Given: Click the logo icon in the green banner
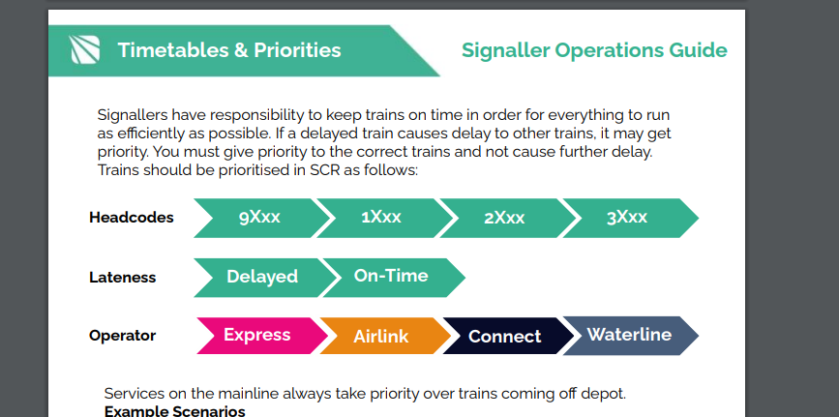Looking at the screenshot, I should point(85,49).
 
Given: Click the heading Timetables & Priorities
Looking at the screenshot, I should point(229,50).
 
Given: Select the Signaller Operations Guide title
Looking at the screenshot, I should point(594,50).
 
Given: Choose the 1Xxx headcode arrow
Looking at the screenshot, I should point(380,218).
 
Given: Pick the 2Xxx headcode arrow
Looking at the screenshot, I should point(503,218).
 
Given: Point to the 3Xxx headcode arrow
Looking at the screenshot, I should point(627,218).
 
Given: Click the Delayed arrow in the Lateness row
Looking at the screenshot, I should point(261,277).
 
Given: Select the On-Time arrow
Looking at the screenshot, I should point(391,277).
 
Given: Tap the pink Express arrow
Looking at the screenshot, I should point(257,336).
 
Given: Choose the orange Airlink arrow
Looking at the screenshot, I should point(381,337).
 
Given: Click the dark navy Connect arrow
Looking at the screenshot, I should point(504,337).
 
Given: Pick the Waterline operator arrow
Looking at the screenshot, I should point(628,336).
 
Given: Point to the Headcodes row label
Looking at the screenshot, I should point(132,218).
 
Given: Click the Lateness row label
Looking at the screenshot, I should point(123,278).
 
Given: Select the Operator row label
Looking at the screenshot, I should point(123,337).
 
